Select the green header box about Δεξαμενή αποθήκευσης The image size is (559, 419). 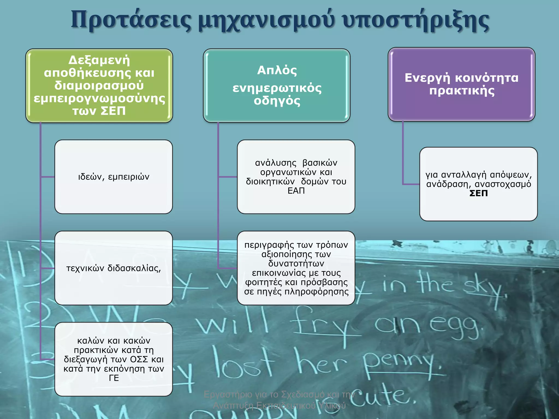click(x=99, y=85)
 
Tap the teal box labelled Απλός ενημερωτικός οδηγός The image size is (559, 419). click(x=276, y=85)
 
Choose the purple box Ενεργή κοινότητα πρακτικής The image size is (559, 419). click(x=461, y=84)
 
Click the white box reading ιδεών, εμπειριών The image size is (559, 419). click(x=114, y=177)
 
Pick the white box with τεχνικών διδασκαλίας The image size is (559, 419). click(x=114, y=268)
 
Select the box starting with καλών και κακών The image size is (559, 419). click(x=114, y=359)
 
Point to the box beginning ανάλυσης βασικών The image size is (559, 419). click(x=296, y=177)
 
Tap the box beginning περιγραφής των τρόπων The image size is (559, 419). click(x=296, y=268)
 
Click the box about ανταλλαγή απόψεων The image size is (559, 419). click(x=478, y=184)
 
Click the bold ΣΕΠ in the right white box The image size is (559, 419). click(x=478, y=193)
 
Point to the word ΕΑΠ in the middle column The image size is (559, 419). click(x=296, y=191)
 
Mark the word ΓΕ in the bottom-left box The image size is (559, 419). click(x=114, y=378)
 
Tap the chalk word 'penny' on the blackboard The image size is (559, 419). click(x=399, y=363)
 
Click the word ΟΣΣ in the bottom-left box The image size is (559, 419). click(x=139, y=359)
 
